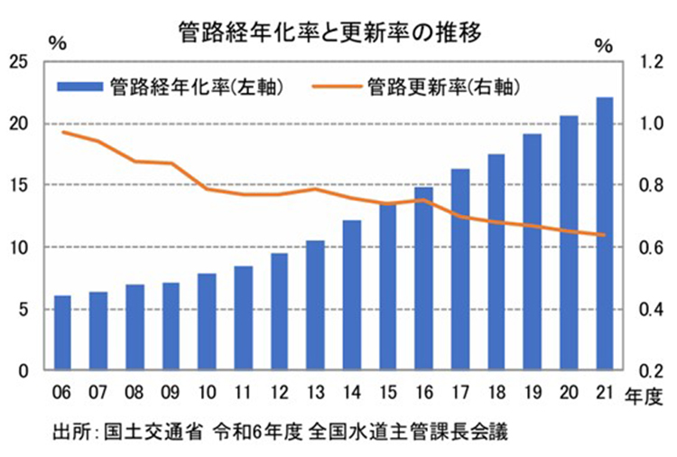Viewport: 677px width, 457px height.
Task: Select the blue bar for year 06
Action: [62, 333]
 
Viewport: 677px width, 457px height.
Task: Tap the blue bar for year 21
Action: [605, 234]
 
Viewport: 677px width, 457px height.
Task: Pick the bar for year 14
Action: [352, 295]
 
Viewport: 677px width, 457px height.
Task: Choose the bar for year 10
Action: [207, 322]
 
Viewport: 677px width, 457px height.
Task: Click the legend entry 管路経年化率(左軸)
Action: [171, 87]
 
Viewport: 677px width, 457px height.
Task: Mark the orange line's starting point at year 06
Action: [62, 132]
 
